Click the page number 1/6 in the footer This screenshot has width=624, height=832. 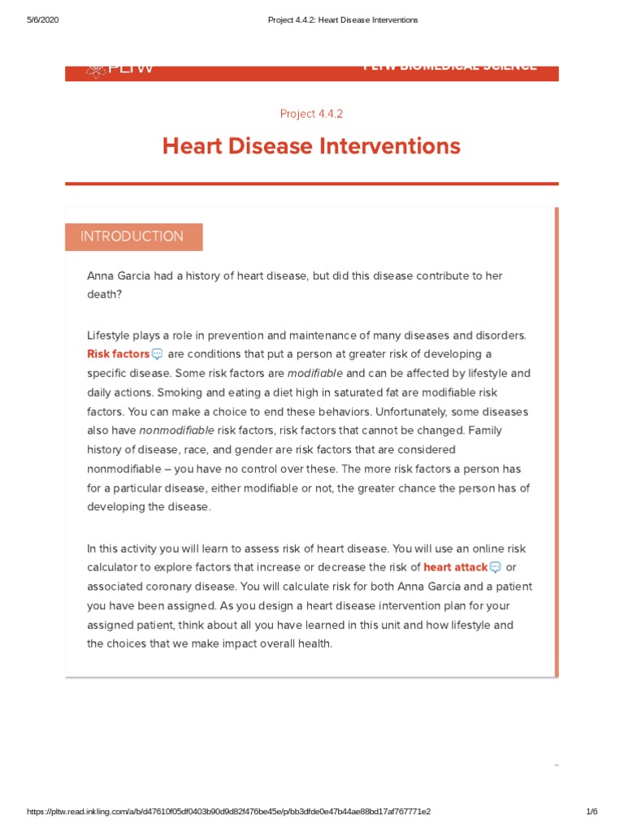591,812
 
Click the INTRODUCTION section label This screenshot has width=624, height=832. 132,236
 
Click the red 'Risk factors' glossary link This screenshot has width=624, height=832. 118,354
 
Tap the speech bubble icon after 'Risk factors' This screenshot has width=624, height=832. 157,354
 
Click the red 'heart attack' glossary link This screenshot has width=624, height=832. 455,567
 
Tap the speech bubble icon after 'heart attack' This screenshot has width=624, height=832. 495,567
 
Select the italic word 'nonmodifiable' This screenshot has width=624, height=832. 177,431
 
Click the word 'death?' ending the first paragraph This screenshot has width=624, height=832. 104,295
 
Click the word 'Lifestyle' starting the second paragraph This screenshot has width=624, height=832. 109,335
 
